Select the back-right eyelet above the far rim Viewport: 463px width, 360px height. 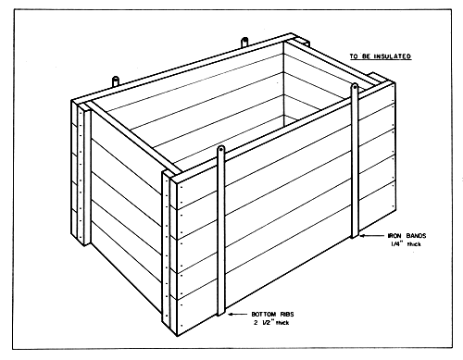(244, 42)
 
